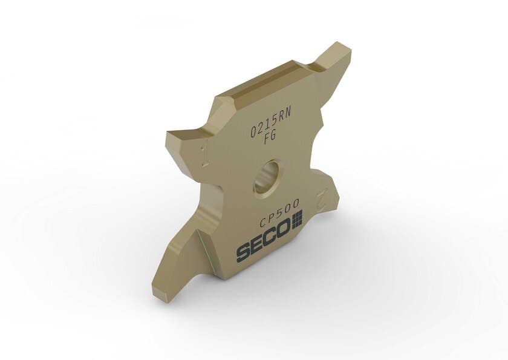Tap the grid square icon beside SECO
pos(298,220)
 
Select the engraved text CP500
pos(279,214)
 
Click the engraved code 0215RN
pos(271,122)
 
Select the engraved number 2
pos(323,200)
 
